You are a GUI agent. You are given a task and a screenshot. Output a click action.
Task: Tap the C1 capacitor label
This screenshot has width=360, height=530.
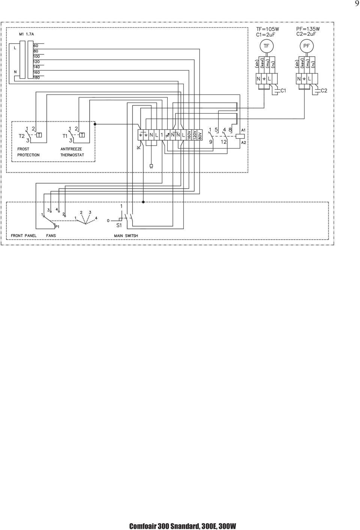pyautogui.click(x=283, y=91)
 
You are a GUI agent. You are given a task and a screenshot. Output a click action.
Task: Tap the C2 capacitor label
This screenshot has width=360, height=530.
pyautogui.click(x=324, y=91)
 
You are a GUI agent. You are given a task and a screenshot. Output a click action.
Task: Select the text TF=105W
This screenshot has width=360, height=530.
pyautogui.click(x=268, y=29)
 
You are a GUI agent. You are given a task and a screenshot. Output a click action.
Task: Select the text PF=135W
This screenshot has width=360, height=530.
pyautogui.click(x=308, y=29)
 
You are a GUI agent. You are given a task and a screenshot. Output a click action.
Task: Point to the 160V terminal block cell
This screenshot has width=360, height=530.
pyautogui.click(x=189, y=135)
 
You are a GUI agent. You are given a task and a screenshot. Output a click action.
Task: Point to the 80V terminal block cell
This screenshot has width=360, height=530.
pyautogui.click(x=199, y=135)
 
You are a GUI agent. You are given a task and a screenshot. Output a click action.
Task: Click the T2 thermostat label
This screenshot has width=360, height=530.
pyautogui.click(x=21, y=136)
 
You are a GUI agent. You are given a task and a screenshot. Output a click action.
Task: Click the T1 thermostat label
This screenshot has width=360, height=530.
pyautogui.click(x=65, y=136)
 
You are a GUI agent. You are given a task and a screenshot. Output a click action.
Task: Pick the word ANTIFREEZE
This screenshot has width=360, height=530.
pyautogui.click(x=71, y=149)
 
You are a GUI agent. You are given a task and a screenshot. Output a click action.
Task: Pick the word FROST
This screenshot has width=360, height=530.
pyautogui.click(x=23, y=149)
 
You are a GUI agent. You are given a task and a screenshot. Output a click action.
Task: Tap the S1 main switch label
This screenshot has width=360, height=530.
pyautogui.click(x=119, y=225)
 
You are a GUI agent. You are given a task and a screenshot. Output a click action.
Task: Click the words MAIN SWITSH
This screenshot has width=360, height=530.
pyautogui.click(x=126, y=236)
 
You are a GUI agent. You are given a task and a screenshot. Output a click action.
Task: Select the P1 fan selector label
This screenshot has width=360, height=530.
pyautogui.click(x=57, y=227)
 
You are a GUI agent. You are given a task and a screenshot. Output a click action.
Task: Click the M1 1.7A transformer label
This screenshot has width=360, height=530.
pyautogui.click(x=27, y=34)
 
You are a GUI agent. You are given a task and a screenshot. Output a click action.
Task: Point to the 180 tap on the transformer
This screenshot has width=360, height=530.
pyautogui.click(x=36, y=78)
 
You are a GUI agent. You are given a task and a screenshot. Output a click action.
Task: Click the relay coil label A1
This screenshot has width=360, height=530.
pyautogui.click(x=243, y=131)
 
